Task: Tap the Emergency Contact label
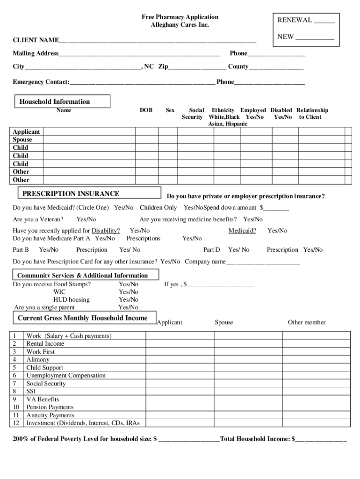[x=41, y=82]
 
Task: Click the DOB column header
[x=146, y=110]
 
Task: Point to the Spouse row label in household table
[x=22, y=140]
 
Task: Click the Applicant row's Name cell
[x=89, y=132]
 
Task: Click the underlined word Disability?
[x=106, y=231]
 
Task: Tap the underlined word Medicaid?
[x=242, y=231]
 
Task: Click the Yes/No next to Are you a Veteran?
[x=86, y=219]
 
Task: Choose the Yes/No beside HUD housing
[x=128, y=299]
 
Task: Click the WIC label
[x=59, y=292]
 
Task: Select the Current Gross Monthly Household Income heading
[x=82, y=318]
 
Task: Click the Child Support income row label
[x=44, y=368]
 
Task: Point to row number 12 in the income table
[x=15, y=423]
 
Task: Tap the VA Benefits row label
[x=43, y=399]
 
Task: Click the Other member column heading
[x=306, y=322]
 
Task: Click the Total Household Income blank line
[x=321, y=440]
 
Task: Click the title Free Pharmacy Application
[x=180, y=17]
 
